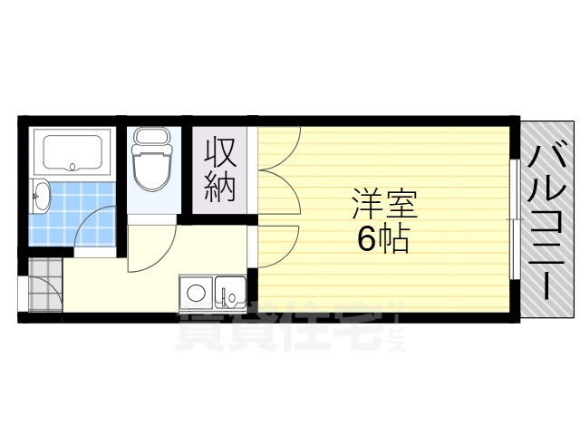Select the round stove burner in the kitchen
pyautogui.click(x=194, y=293)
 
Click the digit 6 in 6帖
pyautogui.click(x=366, y=239)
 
